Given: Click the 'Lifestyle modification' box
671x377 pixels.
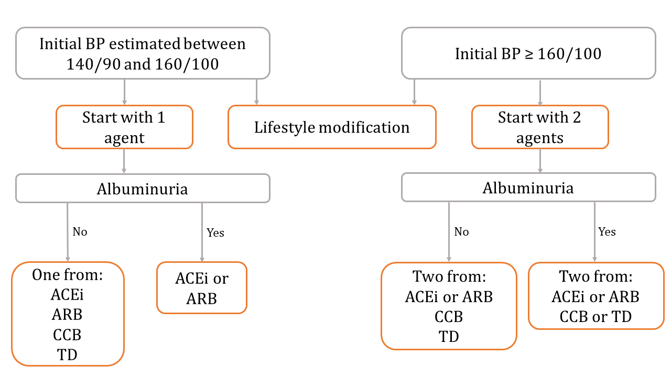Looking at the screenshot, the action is pos(332,127).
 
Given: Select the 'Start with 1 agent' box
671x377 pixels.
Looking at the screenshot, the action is pos(124,127).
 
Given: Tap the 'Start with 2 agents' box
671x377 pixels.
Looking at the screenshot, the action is pos(540,127).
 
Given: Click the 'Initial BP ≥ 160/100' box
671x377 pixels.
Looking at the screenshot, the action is pos(528,53).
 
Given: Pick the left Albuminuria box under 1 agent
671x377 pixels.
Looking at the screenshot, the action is pos(143,188).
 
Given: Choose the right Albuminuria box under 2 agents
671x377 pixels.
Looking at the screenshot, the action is pos(528,187).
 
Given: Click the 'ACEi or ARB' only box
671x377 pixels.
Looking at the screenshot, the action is pos(202,288).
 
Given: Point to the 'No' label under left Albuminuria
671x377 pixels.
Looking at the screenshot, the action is pos(80,231).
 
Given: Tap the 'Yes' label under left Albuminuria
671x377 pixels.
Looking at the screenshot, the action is pos(215,232).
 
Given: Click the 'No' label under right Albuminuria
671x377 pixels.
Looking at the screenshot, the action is pos(462,231).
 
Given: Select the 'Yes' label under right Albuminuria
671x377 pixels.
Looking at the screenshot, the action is pos(607,231).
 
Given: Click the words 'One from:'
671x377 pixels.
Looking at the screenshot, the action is pos(68,275).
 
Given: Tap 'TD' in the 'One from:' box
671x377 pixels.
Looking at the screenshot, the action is pos(68,355).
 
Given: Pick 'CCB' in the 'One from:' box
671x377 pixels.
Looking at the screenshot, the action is pos(68,335).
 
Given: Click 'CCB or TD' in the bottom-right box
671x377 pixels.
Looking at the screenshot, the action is pos(596,317).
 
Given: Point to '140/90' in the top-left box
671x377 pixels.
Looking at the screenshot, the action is pos(93,64).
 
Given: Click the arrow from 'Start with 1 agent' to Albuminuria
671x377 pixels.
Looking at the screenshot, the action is pos(124,161).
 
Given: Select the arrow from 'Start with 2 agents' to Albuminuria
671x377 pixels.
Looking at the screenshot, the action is pos(540,161).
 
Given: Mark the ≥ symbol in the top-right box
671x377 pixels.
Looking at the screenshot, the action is pos(529,54).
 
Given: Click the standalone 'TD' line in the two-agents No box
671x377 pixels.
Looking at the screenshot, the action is pos(449,337).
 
